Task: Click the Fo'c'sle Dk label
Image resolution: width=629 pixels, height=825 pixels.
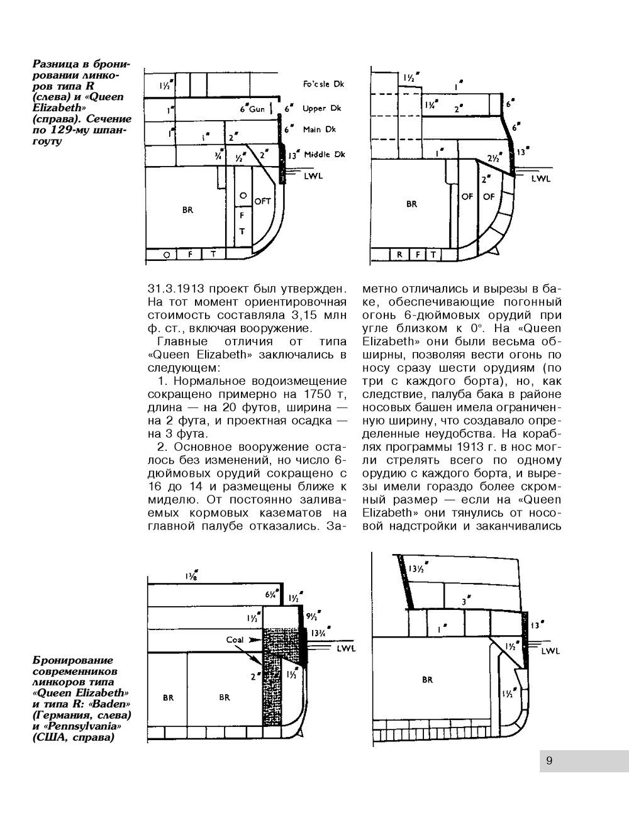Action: pos(323,84)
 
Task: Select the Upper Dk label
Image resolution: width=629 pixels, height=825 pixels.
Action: pos(321,108)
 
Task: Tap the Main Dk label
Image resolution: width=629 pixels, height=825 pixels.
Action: pos(320,130)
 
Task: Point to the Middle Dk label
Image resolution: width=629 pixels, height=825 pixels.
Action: pos(325,155)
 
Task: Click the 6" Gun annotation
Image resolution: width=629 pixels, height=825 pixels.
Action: pos(253,108)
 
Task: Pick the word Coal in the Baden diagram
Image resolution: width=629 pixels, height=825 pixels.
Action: pos(235,640)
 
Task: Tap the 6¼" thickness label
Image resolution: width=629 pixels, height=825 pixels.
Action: pos(271,594)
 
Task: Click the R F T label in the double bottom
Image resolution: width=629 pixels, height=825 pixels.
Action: pos(416,255)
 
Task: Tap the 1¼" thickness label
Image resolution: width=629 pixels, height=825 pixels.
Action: pos(431,104)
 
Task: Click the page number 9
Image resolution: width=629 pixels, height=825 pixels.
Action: pos(549,761)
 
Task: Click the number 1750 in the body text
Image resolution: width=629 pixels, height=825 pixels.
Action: pos(319,394)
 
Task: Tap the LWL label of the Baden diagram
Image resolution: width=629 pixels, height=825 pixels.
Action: pos(346,648)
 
